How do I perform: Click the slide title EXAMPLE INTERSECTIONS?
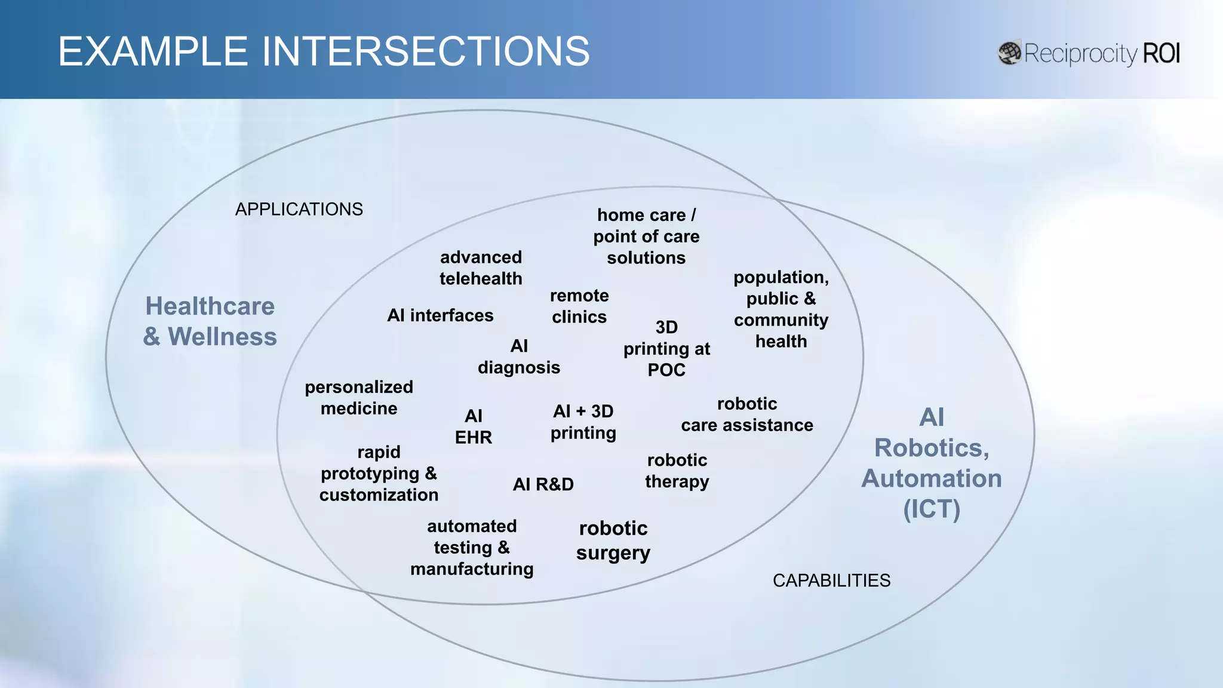[324, 51]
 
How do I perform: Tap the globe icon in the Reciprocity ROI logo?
[1010, 53]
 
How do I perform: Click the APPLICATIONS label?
[299, 210]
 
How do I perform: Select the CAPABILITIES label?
[831, 580]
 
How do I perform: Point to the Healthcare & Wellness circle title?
[210, 321]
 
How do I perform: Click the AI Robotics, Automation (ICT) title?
[932, 463]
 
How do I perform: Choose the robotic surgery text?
[613, 540]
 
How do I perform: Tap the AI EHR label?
[474, 426]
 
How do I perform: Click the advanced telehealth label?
[481, 268]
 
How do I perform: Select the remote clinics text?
[579, 306]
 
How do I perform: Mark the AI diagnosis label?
[519, 357]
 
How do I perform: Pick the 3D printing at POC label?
[666, 349]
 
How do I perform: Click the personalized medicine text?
[359, 398]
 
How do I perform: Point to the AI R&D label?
[543, 484]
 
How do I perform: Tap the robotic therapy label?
[677, 471]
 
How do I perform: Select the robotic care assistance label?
[747, 414]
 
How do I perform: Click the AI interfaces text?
[440, 315]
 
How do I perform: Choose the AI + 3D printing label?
[583, 422]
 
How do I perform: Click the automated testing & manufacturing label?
[472, 548]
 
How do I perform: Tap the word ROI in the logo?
[1161, 54]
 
